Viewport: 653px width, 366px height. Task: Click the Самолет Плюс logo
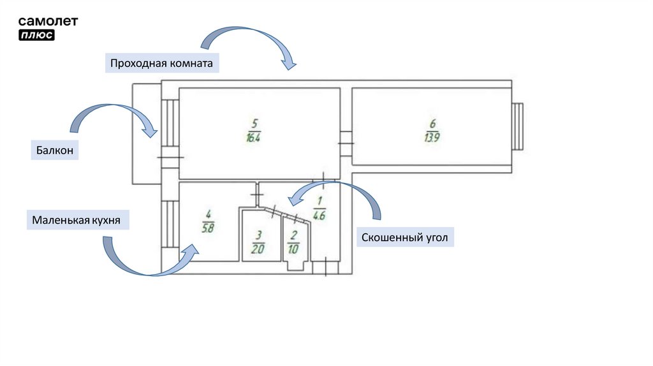tap(48, 27)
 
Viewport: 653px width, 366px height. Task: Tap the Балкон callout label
tap(54, 151)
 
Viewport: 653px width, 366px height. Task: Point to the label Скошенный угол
tap(405, 238)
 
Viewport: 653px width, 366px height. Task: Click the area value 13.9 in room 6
tap(432, 137)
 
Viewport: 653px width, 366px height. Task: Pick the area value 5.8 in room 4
tap(207, 226)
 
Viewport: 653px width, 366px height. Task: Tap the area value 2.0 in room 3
tap(257, 249)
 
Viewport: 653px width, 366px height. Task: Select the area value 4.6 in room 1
tap(319, 216)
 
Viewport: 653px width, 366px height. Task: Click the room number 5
tap(255, 123)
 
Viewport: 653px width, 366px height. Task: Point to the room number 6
tap(433, 123)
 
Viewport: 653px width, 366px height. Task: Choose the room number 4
tap(208, 214)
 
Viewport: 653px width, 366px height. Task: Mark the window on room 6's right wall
tap(518, 126)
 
